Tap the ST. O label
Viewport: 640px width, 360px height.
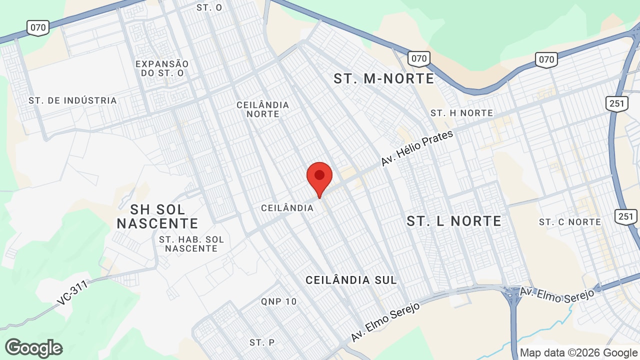209,7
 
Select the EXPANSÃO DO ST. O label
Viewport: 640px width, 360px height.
162,68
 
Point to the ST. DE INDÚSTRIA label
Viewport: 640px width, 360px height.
72,100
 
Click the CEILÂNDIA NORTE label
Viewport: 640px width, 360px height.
262,109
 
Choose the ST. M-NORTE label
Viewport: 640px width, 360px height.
384,78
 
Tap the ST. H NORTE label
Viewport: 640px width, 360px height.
461,113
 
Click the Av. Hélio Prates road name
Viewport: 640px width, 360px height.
417,148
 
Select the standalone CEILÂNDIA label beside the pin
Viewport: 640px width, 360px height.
287,208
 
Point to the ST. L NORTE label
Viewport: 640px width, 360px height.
453,221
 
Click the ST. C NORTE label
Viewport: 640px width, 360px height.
569,221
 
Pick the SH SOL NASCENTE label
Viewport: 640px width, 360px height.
157,216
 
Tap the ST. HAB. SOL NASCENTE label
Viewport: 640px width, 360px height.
191,244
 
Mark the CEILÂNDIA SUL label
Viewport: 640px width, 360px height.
351,280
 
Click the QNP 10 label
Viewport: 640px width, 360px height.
278,301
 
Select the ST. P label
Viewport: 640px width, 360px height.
262,342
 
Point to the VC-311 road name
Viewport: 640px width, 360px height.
72,292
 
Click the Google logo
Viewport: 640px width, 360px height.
33,348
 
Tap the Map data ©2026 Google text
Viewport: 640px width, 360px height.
578,352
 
